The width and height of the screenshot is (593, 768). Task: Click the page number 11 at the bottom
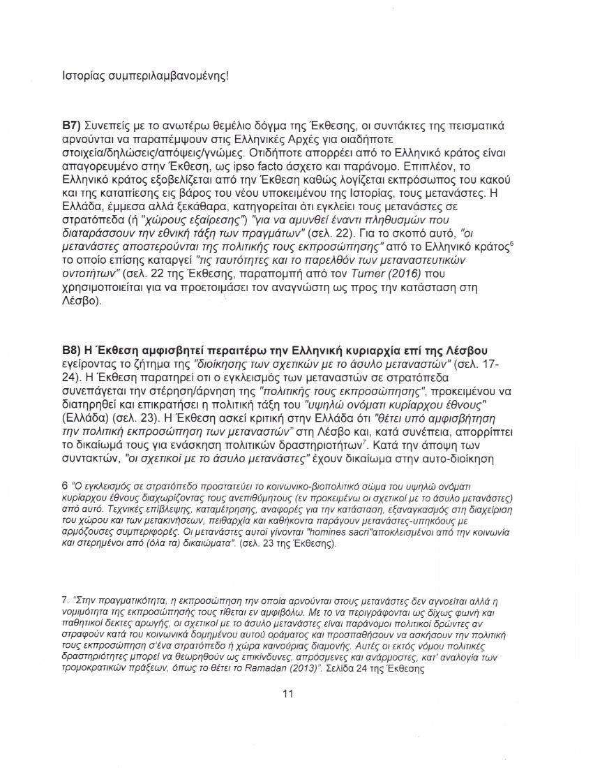click(x=287, y=693)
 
